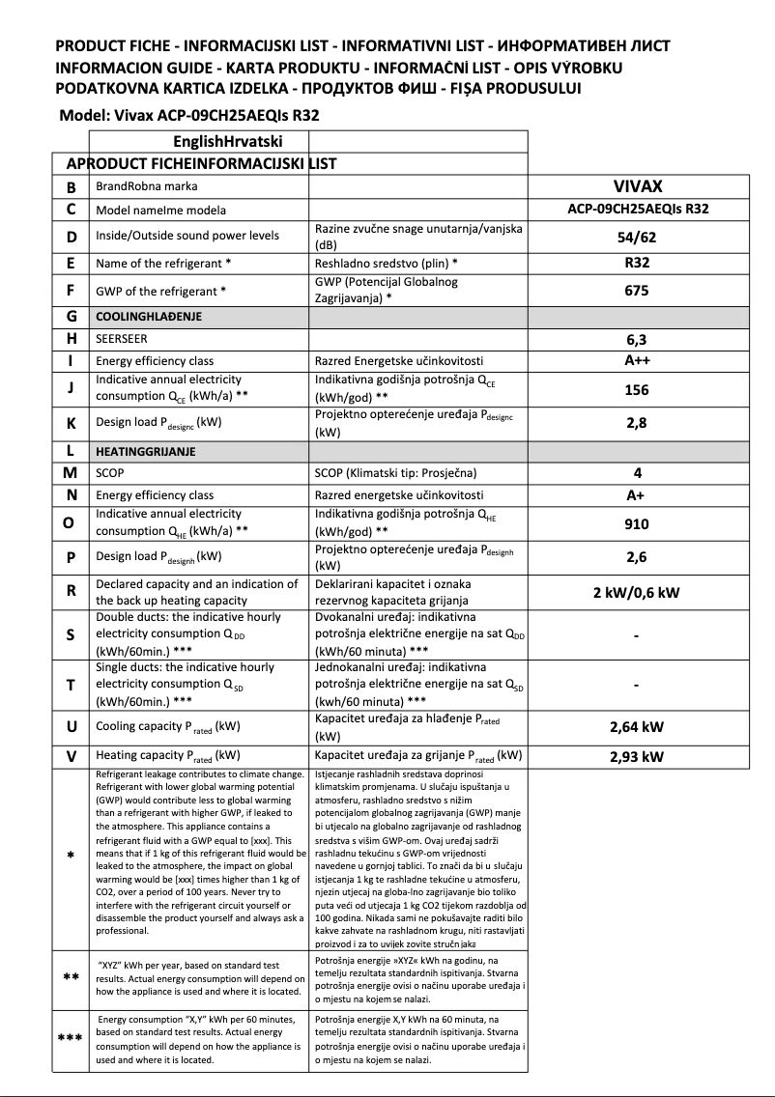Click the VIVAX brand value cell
coord(637,186)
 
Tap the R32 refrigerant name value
coord(637,262)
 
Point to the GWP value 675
coord(637,290)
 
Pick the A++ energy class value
coord(637,361)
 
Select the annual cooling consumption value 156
coord(637,389)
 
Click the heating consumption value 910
coord(637,524)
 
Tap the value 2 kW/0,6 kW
coord(637,592)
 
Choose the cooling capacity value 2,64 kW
coord(637,726)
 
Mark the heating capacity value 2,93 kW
coord(637,756)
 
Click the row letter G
coord(72,316)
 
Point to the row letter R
coord(72,592)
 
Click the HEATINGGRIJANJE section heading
coord(146,451)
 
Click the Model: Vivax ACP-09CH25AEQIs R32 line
coord(189,115)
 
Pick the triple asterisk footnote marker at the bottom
coord(72,1038)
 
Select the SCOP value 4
coord(637,473)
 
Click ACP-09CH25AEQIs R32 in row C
coord(637,209)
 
